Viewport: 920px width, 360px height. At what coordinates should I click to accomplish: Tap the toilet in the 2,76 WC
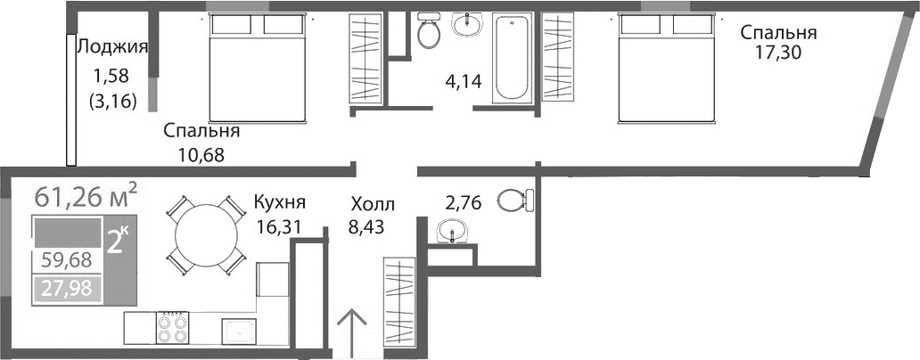pos(514,200)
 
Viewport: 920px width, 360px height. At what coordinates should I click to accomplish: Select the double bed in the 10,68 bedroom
pos(259,66)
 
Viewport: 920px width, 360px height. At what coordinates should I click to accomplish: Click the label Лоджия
pos(112,47)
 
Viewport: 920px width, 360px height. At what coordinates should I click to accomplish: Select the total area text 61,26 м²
pos(86,193)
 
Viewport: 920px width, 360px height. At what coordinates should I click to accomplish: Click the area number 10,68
pos(200,154)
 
